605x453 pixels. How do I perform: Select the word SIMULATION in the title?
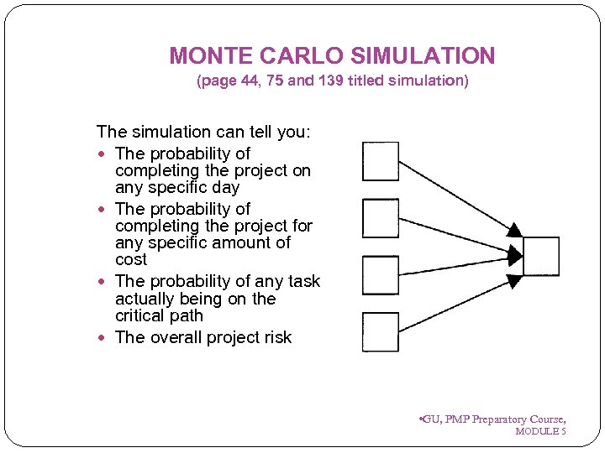[x=423, y=56]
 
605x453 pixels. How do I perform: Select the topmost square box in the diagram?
[x=380, y=161]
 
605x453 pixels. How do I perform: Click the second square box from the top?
[x=380, y=218]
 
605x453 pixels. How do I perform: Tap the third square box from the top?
[x=380, y=275]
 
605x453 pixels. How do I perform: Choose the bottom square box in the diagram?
[x=380, y=331]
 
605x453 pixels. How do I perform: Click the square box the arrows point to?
[x=540, y=256]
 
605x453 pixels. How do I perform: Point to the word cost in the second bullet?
[x=131, y=260]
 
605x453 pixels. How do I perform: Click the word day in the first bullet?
[x=225, y=188]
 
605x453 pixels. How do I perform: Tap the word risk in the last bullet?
[x=276, y=337]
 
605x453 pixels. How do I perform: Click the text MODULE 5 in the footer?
[x=540, y=431]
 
